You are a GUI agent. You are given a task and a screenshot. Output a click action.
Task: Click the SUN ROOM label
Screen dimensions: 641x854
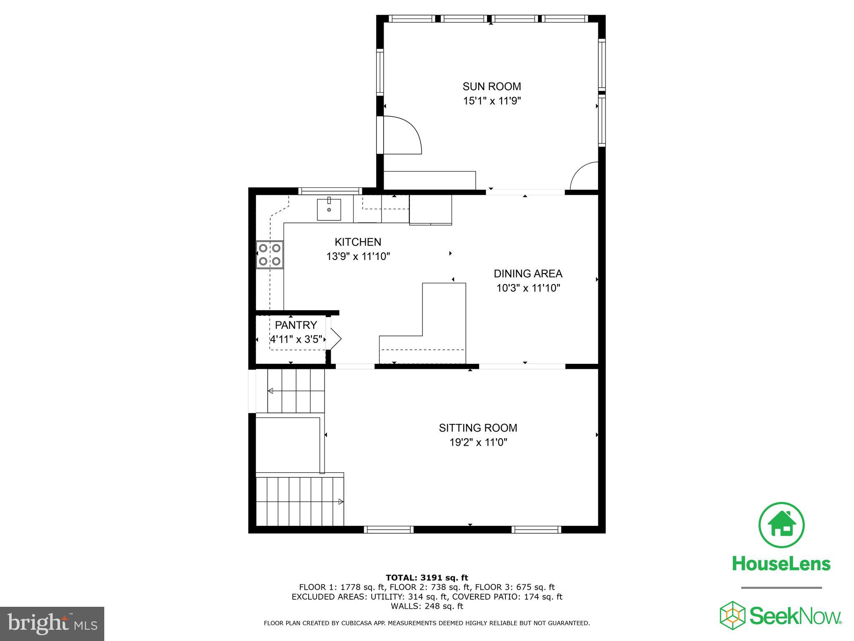click(x=492, y=86)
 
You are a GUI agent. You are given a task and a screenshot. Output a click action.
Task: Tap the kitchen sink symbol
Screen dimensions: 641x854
click(x=329, y=209)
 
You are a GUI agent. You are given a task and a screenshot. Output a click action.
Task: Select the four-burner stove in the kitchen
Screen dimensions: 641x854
click(x=269, y=255)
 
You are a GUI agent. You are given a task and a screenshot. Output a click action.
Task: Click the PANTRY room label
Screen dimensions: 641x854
click(x=296, y=325)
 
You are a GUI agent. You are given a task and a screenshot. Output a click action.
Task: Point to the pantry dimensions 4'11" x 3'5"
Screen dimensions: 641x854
click(x=296, y=339)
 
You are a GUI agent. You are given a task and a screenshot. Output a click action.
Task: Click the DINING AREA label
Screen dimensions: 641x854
click(x=528, y=274)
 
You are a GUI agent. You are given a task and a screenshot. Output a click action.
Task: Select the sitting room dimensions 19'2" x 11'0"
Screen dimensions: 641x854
click(x=478, y=442)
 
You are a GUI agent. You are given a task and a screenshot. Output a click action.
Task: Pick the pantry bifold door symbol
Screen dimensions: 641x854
click(x=334, y=338)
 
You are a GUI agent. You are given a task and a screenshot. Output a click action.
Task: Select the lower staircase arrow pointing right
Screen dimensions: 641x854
click(x=340, y=502)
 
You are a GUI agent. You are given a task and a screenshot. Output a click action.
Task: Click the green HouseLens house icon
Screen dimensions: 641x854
click(x=781, y=525)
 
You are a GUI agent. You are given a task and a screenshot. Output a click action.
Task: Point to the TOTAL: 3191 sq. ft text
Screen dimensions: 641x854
click(x=427, y=578)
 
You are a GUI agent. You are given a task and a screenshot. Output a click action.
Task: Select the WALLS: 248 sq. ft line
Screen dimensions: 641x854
click(x=427, y=606)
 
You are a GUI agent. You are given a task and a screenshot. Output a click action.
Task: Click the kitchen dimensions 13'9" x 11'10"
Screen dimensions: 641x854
click(x=358, y=256)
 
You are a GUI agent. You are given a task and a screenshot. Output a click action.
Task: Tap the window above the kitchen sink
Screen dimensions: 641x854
click(x=330, y=191)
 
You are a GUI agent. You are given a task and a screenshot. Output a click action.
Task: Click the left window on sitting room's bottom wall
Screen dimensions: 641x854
click(x=389, y=530)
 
